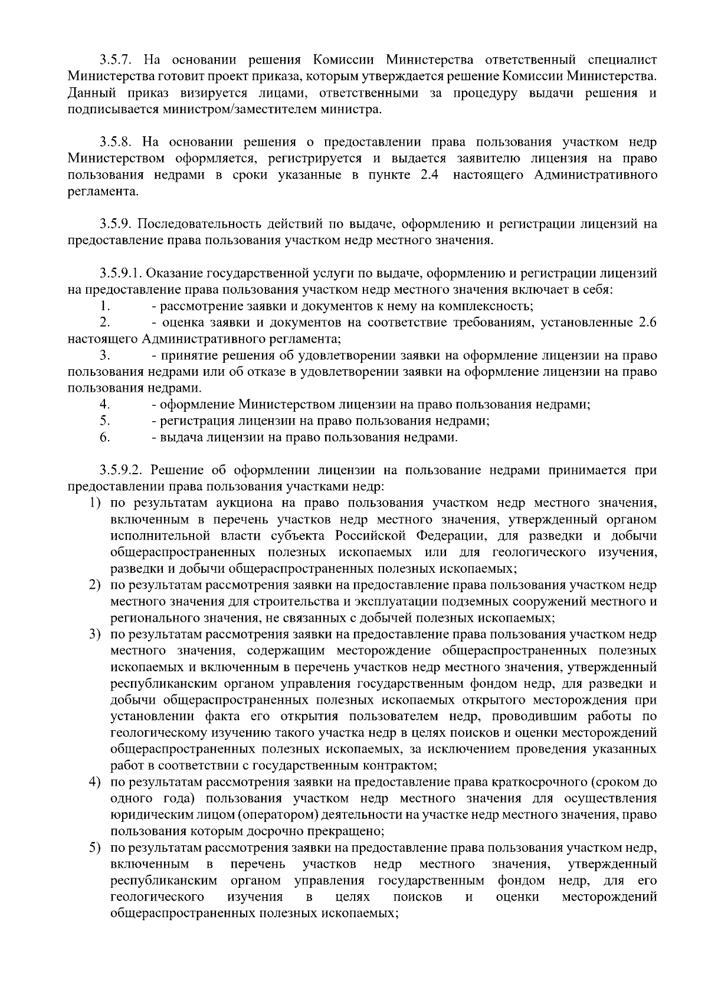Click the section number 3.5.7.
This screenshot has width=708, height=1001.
(x=118, y=60)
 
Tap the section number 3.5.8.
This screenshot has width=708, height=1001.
(x=118, y=142)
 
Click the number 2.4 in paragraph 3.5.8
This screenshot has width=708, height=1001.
(x=430, y=175)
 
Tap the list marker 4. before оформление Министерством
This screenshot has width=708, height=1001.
(x=106, y=405)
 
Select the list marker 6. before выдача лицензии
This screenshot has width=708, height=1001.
(x=106, y=438)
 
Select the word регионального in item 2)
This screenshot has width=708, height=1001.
(x=146, y=618)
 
